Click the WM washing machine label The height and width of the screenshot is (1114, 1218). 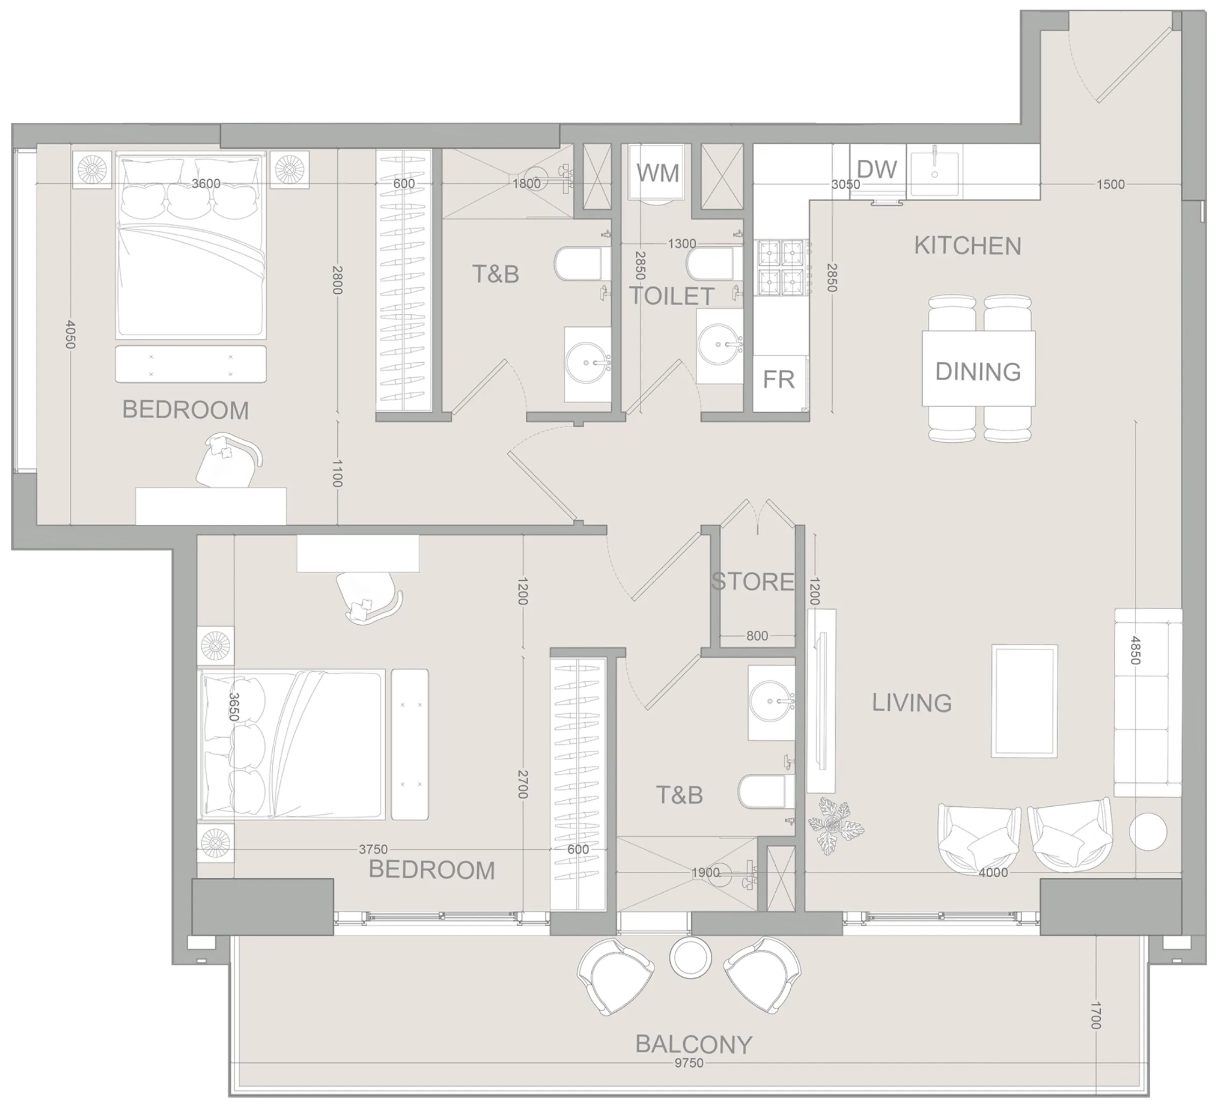point(657,173)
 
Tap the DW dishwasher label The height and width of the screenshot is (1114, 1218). point(876,170)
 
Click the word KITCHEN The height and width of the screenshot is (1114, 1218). point(967,246)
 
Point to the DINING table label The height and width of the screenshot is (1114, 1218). point(978,372)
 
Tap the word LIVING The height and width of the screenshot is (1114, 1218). point(912,703)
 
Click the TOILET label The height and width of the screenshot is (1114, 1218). point(672,296)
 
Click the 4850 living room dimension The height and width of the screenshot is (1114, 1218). point(1135,651)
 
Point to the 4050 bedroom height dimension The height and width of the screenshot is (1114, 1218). point(70,334)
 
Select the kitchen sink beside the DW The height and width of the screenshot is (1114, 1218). point(934,173)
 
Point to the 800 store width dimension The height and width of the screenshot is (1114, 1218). point(757,636)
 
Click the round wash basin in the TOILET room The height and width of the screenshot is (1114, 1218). point(718,344)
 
